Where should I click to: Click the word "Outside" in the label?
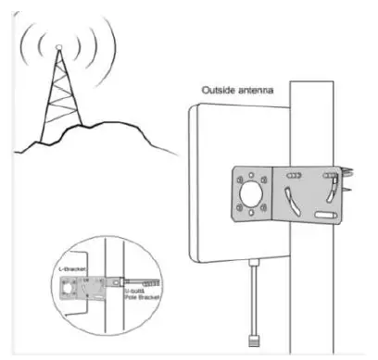pos(217,91)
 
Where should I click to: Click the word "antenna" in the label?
pos(253,91)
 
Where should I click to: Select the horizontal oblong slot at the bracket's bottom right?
pos(325,215)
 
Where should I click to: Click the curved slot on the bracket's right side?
pos(327,192)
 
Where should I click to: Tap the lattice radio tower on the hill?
pos(60,97)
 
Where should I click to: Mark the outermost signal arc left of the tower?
pos(25,51)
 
